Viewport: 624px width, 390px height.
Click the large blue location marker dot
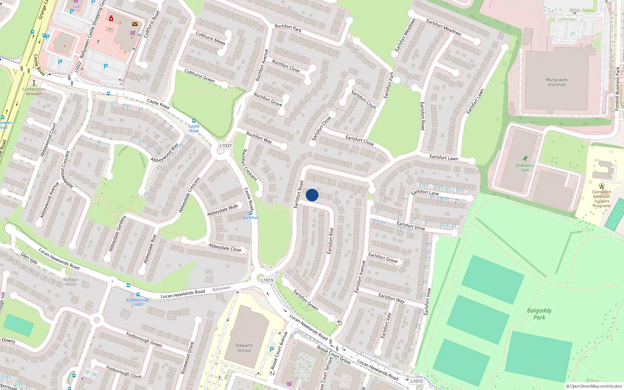click(312, 195)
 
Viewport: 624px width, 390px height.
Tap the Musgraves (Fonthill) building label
click(557, 82)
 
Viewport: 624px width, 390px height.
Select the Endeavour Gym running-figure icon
click(525, 158)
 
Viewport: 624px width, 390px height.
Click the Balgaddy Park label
click(539, 314)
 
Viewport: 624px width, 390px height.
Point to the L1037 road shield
click(225, 145)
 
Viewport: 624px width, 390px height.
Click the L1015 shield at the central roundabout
click(267, 280)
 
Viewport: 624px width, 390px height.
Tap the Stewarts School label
click(244, 348)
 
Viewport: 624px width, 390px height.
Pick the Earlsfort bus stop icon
click(251, 213)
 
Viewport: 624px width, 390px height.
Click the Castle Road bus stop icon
click(194, 121)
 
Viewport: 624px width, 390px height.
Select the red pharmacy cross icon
click(111, 18)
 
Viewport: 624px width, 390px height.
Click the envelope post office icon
click(135, 24)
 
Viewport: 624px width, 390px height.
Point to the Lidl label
click(76, 7)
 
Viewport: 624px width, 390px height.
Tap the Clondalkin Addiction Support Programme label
click(602, 199)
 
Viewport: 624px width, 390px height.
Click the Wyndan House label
click(71, 282)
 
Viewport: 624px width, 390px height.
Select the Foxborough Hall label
click(138, 302)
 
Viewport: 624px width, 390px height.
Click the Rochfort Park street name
click(288, 28)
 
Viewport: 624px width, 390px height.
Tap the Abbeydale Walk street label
click(222, 210)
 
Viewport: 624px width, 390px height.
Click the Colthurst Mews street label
click(210, 38)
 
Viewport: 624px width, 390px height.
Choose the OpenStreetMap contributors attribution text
click(594, 386)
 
